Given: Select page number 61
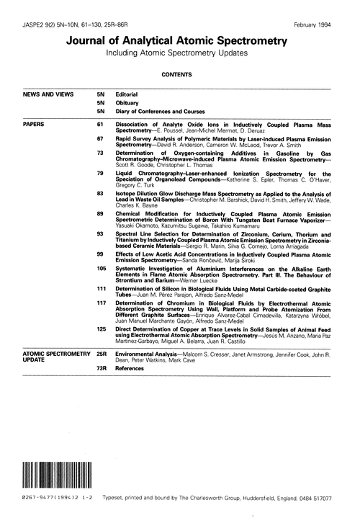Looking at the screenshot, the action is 100,124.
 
